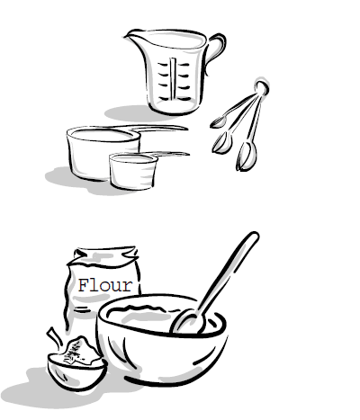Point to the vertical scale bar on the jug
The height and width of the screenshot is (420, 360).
pyautogui.click(x=173, y=78)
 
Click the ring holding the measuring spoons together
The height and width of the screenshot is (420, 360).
pyautogui.click(x=262, y=87)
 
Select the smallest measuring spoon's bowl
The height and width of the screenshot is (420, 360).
pyautogui.click(x=218, y=122)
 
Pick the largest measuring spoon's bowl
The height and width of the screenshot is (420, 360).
pyautogui.click(x=247, y=156)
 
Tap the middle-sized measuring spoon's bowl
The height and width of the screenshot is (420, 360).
pyautogui.click(x=222, y=143)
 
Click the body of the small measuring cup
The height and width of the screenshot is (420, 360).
pyautogui.click(x=133, y=172)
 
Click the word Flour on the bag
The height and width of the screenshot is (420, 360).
pyautogui.click(x=105, y=285)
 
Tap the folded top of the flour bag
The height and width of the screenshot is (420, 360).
pyautogui.click(x=105, y=256)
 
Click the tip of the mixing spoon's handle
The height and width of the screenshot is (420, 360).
pyautogui.click(x=255, y=236)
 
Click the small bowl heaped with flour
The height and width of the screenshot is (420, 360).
pyautogui.click(x=77, y=371)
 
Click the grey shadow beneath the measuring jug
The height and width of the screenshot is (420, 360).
pyautogui.click(x=132, y=113)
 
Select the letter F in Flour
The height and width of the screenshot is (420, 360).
pyautogui.click(x=83, y=285)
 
